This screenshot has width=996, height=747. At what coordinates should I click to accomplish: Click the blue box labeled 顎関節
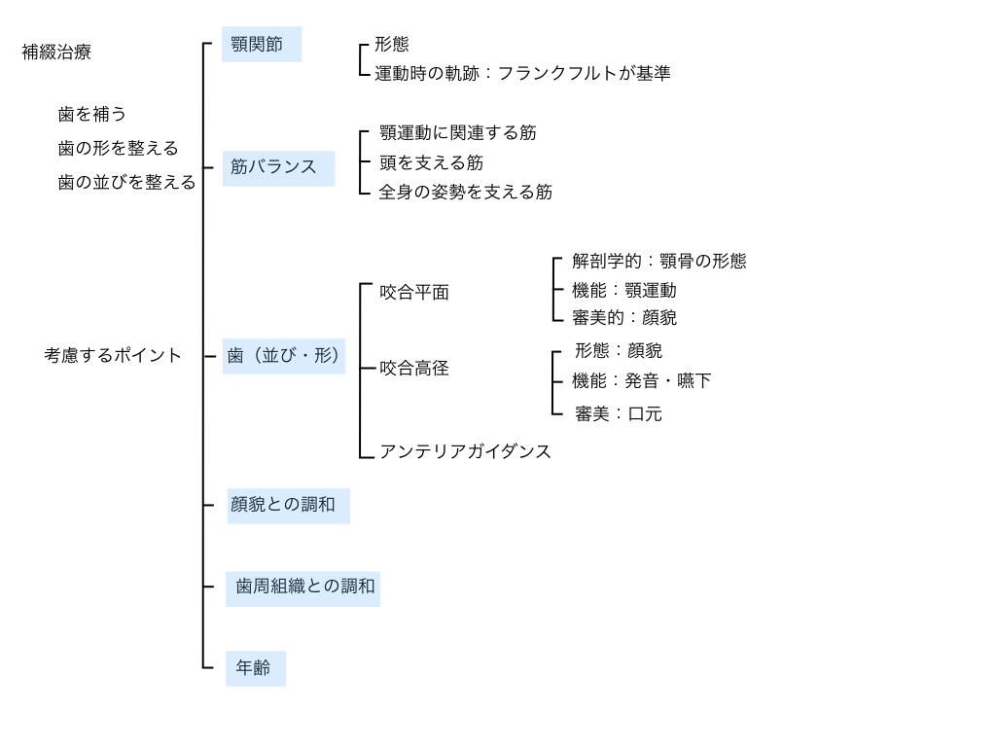[261, 44]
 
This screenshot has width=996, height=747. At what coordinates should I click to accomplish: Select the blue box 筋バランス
[278, 168]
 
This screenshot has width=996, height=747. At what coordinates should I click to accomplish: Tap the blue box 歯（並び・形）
[283, 356]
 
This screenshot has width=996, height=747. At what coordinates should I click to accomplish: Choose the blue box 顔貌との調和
[288, 506]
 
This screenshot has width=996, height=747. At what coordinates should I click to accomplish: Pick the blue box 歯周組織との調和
[302, 588]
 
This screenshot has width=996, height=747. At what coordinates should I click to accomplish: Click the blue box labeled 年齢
[256, 668]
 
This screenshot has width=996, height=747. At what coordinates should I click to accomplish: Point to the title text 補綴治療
[56, 53]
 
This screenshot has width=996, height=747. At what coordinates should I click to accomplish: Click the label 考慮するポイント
[113, 355]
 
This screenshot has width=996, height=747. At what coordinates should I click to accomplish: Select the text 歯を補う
[92, 115]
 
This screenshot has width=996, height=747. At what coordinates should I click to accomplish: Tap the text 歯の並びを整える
[127, 182]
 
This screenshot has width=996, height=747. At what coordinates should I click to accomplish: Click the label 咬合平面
[414, 292]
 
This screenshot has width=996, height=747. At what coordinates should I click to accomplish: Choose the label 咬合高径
[414, 369]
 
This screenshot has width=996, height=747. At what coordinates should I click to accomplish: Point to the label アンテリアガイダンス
[465, 451]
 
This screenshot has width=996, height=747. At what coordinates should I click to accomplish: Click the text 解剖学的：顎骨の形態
[659, 261]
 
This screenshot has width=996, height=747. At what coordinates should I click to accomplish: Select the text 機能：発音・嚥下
[642, 381]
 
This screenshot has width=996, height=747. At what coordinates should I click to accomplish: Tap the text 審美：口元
[619, 414]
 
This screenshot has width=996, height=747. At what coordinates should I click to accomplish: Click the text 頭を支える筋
[431, 163]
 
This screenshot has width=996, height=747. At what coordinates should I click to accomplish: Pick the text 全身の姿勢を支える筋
[466, 192]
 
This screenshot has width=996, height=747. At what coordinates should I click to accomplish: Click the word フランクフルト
[557, 74]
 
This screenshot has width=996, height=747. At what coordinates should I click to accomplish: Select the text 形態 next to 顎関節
[392, 44]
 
